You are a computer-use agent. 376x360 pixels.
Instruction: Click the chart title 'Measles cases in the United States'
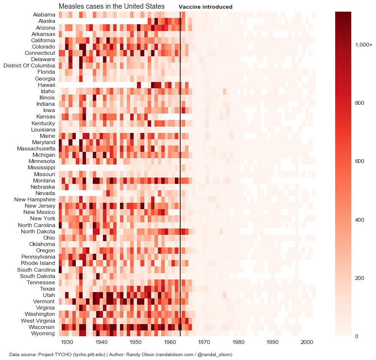pyautogui.click(x=111, y=6)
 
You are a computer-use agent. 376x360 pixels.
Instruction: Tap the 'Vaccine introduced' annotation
pyautogui.click(x=205, y=7)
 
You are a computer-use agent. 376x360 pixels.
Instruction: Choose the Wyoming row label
pyautogui.click(x=43, y=333)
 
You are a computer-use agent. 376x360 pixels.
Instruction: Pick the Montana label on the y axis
pyautogui.click(x=44, y=180)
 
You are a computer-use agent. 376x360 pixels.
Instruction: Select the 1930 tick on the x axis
pyautogui.click(x=67, y=343)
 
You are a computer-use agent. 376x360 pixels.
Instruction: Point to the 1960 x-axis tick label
pyautogui.click(x=170, y=343)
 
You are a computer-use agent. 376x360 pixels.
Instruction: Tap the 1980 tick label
pyautogui.click(x=239, y=343)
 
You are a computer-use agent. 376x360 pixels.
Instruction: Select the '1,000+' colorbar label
pyautogui.click(x=364, y=45)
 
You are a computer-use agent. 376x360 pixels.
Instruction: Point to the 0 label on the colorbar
pyautogui.click(x=357, y=336)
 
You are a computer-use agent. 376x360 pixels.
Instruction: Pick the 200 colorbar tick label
pyautogui.click(x=360, y=278)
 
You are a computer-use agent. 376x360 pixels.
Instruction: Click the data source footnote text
pyautogui.click(x=120, y=355)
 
